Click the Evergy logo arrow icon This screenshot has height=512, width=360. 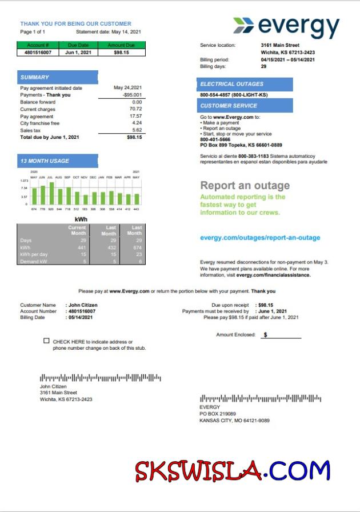[243, 25]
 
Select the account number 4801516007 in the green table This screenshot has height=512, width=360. [38, 52]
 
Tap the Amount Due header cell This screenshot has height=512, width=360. [122, 45]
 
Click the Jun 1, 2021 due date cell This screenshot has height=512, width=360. [79, 52]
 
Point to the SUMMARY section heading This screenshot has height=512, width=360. [35, 77]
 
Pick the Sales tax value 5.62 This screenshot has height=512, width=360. [137, 130]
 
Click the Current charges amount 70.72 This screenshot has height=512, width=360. [136, 109]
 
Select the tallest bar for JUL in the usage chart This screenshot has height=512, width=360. [51, 193]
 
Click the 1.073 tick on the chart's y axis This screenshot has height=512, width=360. [24, 181]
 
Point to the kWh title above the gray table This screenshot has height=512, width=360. [81, 219]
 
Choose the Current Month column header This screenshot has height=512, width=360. [77, 230]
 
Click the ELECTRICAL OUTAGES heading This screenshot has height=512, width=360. [231, 84]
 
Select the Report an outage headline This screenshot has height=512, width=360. [245, 186]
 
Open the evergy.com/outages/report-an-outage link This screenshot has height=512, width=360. [260, 238]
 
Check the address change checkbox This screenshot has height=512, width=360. [46, 341]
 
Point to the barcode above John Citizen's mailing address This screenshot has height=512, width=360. [100, 378]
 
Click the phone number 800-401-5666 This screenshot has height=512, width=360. [215, 139]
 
